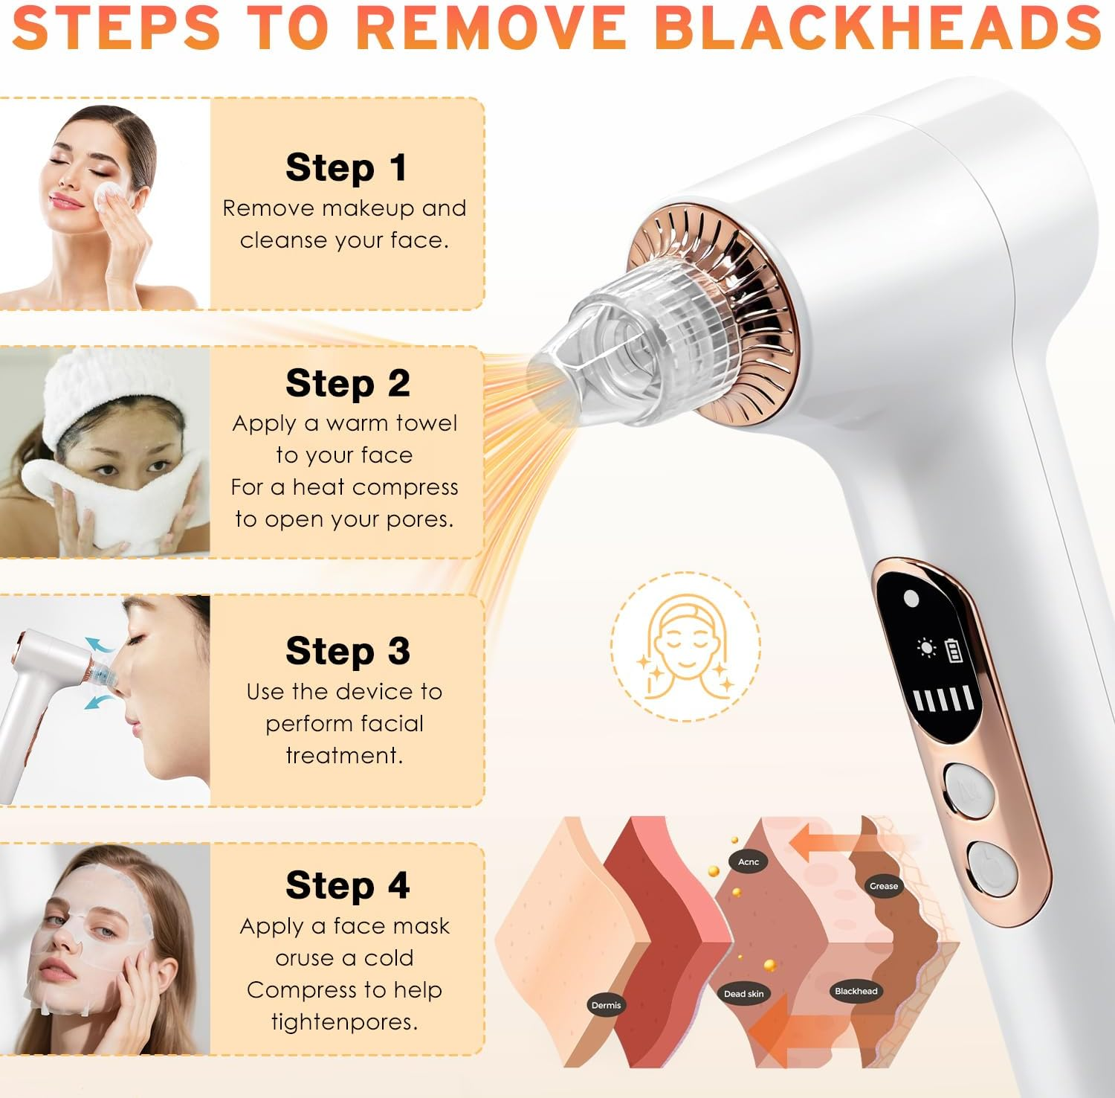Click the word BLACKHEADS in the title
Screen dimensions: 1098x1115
tap(877, 27)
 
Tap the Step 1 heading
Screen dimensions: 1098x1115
tap(346, 167)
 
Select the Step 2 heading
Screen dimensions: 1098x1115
tap(347, 383)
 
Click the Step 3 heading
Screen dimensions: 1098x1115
tap(347, 651)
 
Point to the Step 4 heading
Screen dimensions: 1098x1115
tap(347, 885)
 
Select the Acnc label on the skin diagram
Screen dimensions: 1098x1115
tap(749, 862)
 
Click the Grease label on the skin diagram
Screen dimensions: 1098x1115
tap(883, 886)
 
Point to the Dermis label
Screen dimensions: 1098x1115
tap(606, 1005)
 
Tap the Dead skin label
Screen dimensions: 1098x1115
tap(743, 994)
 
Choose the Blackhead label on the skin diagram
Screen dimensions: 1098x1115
tap(856, 991)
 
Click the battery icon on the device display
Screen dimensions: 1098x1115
tap(953, 649)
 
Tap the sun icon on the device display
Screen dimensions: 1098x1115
tap(926, 648)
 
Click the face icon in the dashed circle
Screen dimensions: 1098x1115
tap(685, 646)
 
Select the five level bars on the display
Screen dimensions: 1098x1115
tap(942, 699)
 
